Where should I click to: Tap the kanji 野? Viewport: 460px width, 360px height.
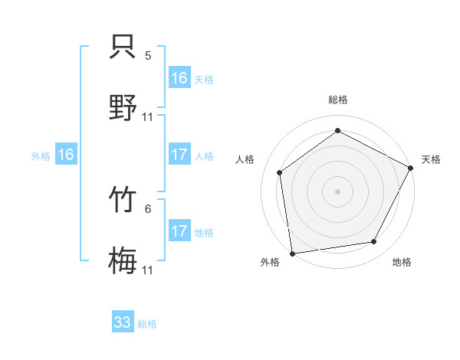coord(123,106)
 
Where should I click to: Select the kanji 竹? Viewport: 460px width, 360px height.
coord(123,201)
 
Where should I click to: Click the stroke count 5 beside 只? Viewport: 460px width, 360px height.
coord(148,56)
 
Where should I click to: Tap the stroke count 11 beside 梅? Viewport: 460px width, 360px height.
coord(148,270)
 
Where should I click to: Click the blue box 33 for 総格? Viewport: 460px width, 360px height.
coord(123,322)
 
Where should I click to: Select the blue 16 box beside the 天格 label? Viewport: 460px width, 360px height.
coord(179,78)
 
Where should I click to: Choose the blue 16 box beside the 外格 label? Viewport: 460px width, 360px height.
coord(66,155)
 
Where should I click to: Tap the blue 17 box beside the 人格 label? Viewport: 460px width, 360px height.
coord(179,155)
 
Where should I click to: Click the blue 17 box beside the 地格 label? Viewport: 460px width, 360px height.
coord(179,231)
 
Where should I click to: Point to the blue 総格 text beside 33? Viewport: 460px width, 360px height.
coord(147,323)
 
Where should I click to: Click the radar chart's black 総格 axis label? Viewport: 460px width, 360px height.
coord(337,100)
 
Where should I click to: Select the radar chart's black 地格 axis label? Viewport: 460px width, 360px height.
coord(402,263)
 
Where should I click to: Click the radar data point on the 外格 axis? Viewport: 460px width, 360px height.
coord(292,253)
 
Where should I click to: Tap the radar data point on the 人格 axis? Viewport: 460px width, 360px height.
coord(280,172)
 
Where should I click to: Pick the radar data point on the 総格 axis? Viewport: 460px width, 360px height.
coord(337,131)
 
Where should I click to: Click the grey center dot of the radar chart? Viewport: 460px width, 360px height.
coord(337,191)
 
